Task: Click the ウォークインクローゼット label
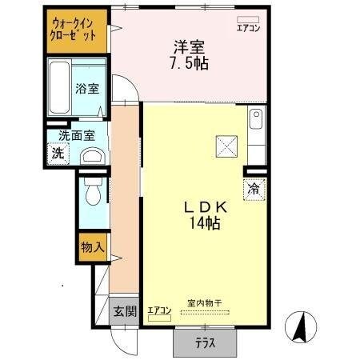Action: tap(74, 30)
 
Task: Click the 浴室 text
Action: tap(87, 89)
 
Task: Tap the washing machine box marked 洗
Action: tap(58, 152)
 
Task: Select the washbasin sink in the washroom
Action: tap(92, 155)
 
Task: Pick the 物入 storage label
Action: tap(92, 248)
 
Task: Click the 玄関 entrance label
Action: tap(123, 311)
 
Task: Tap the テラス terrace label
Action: tap(205, 344)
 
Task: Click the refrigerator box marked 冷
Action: tap(254, 190)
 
